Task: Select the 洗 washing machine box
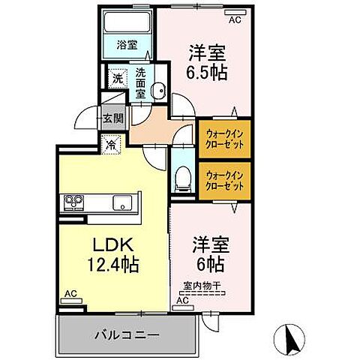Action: [x=118, y=77]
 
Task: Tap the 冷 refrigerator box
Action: [x=112, y=144]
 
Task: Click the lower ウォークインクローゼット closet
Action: [x=222, y=180]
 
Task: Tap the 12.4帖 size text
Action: [x=113, y=264]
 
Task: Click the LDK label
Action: [x=114, y=244]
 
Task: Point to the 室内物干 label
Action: [x=199, y=284]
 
